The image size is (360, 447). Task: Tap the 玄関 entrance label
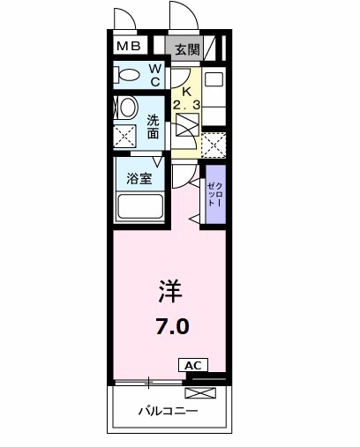[185, 49]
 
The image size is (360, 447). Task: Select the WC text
[154, 75]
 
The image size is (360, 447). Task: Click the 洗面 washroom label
[154, 127]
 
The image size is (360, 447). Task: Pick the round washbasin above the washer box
[125, 108]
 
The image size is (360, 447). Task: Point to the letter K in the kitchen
[186, 91]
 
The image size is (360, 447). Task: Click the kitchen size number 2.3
[186, 105]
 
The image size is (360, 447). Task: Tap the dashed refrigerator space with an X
[214, 143]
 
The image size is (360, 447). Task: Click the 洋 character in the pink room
[171, 288]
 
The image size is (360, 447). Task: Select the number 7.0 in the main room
[172, 326]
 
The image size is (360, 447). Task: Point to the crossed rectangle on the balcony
[199, 392]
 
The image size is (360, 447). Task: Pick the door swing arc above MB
[125, 19]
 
